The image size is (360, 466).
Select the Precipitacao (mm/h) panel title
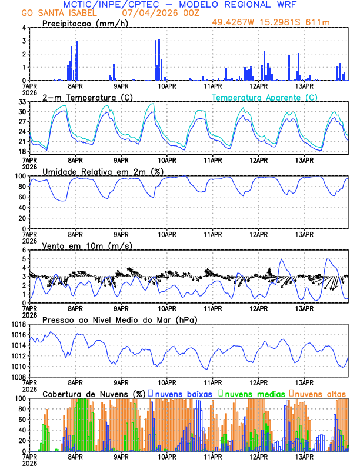coord(86,24)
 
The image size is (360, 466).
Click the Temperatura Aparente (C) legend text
coord(265,97)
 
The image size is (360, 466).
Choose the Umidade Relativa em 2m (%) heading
coord(102,171)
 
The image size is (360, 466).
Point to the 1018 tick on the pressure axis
coord(19,324)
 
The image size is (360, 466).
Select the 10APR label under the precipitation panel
coord(167,86)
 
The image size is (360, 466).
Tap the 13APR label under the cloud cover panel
coord(304,457)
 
